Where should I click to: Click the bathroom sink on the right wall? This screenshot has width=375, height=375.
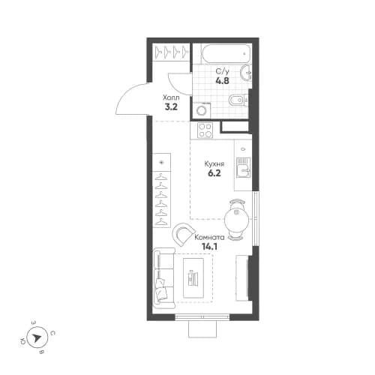point(247,73)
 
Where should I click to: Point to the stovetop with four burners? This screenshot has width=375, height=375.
point(206,130)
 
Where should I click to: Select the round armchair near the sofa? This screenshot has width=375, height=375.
point(184,236)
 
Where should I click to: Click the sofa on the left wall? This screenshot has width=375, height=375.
point(161,278)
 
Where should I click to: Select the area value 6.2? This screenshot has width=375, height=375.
point(214,172)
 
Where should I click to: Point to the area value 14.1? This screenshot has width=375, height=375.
point(201,244)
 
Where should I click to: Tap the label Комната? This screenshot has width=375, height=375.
point(208,235)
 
